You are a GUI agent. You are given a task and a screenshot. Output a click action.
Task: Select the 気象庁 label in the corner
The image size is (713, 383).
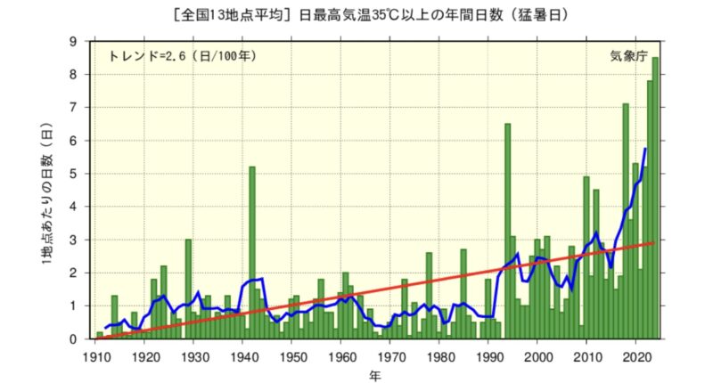pyautogui.click(x=626, y=55)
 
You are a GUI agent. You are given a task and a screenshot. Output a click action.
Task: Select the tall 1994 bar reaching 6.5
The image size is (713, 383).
pyautogui.click(x=508, y=232)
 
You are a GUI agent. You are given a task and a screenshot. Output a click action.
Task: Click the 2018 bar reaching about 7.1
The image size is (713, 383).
pyautogui.click(x=626, y=223)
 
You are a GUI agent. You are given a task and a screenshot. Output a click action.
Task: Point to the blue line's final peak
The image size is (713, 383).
pyautogui.click(x=645, y=149)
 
